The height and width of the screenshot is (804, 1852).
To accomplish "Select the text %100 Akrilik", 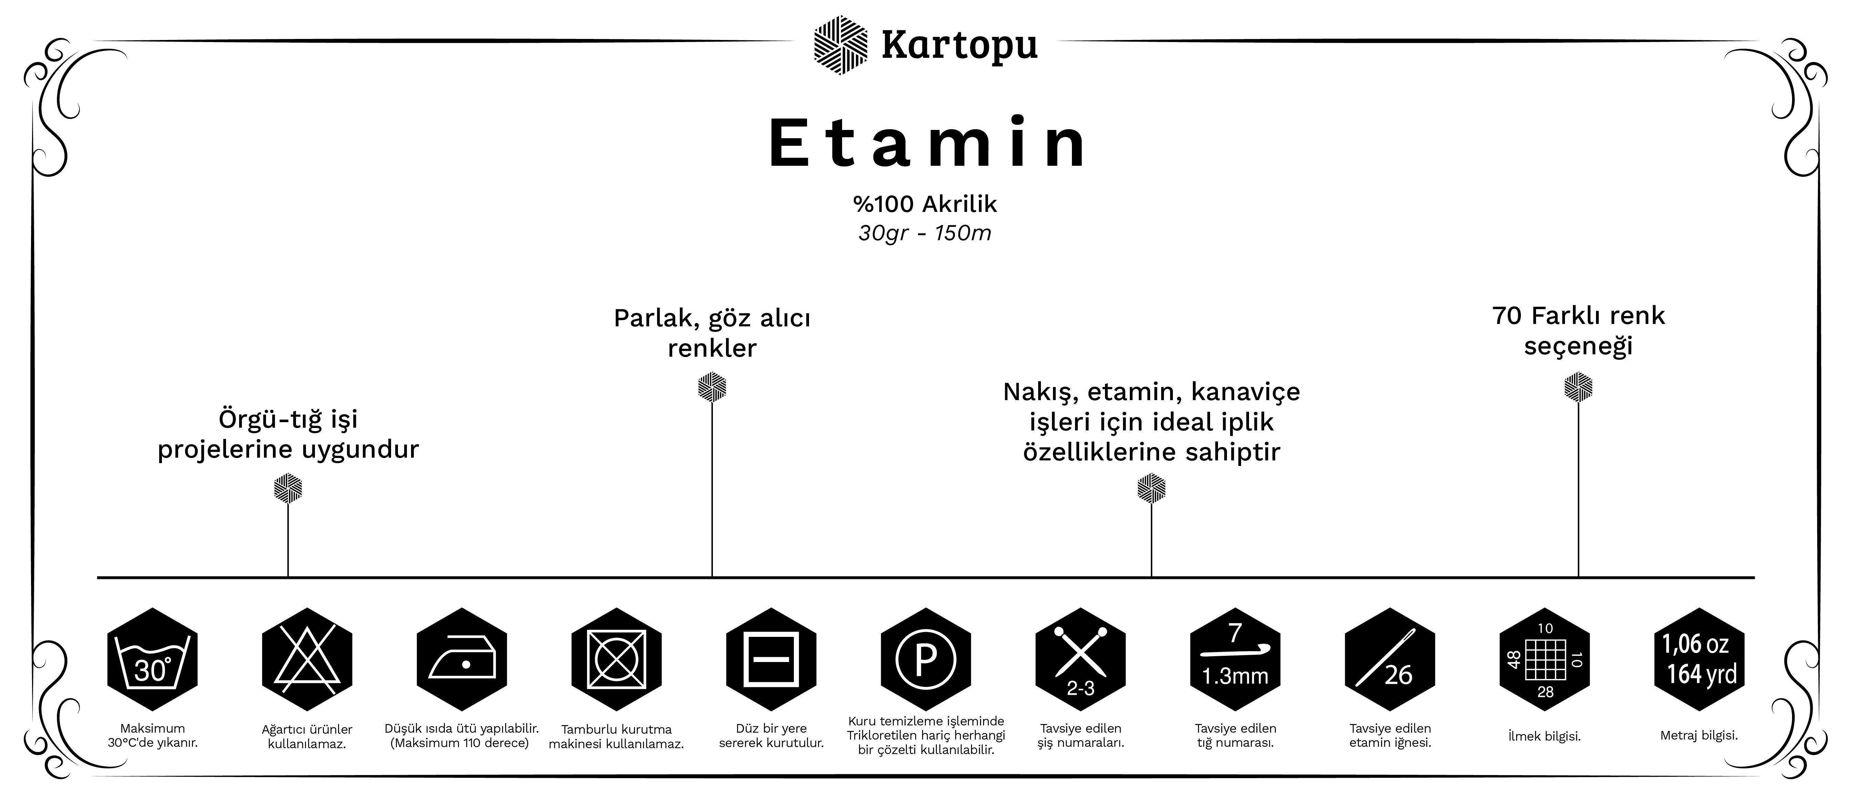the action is tap(925, 204).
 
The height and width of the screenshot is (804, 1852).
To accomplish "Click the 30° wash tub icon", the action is tap(152, 660).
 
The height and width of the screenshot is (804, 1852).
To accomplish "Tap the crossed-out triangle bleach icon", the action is tap(307, 660).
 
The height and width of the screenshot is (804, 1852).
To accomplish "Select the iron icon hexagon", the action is tap(462, 660).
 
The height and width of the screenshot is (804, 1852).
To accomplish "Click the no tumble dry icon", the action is tap(616, 660).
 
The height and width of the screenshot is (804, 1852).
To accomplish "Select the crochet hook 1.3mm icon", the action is tap(1235, 660).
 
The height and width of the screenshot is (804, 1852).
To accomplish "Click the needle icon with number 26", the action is tap(1390, 660).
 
